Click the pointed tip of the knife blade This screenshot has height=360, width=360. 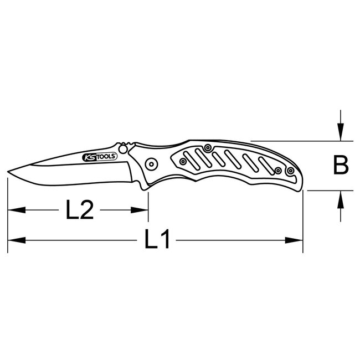9,171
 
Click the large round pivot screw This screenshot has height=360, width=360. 149,163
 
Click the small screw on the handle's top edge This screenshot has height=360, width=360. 207,148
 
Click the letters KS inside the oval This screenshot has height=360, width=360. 89,158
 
